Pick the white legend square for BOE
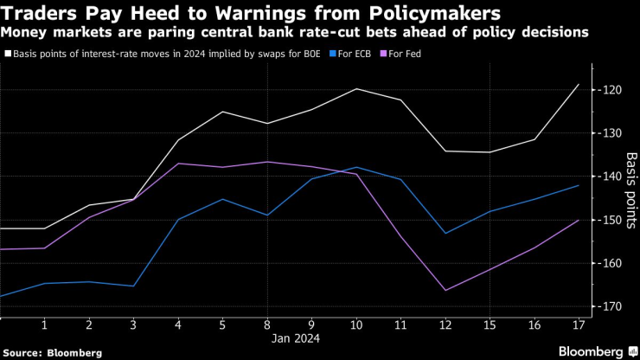click(x=9, y=54)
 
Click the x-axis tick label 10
click(x=356, y=324)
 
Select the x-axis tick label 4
click(x=178, y=324)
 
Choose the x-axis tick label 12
click(x=445, y=324)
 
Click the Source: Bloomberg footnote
click(x=52, y=352)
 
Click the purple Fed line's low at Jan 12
click(x=445, y=290)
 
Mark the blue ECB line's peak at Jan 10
click(x=356, y=167)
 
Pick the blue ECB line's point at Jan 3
click(x=133, y=286)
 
